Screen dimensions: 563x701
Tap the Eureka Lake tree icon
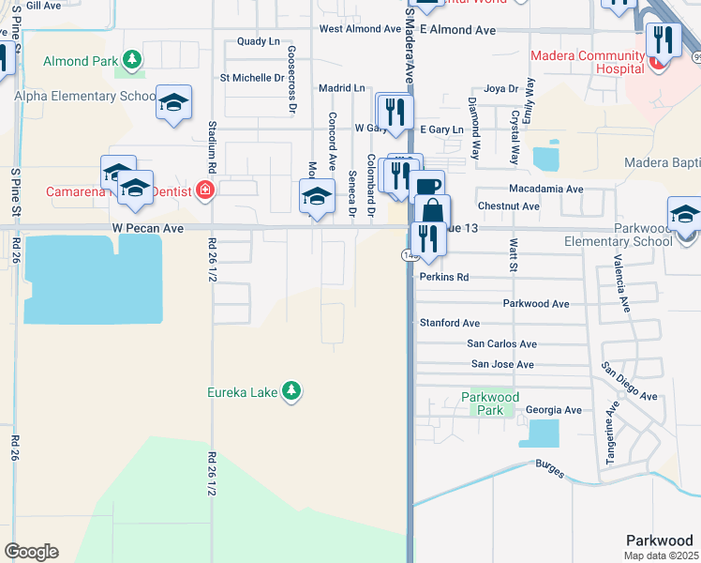pos(291,390)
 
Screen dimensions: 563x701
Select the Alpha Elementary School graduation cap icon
pos(173,102)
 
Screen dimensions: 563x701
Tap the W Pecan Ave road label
pos(146,227)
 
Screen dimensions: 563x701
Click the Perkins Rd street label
pos(444,278)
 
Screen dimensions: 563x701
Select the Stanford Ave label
pos(450,323)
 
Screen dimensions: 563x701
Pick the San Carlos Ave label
pos(503,344)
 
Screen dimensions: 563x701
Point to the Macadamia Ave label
pos(546,189)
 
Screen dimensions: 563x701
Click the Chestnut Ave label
pos(509,205)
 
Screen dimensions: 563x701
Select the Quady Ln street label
pos(259,41)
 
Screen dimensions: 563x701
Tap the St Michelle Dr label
pos(251,78)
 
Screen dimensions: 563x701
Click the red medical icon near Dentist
pos(205,191)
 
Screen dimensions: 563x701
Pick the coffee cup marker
pos(426,186)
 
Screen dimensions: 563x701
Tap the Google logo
pos(31,552)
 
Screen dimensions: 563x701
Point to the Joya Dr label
pos(500,89)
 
